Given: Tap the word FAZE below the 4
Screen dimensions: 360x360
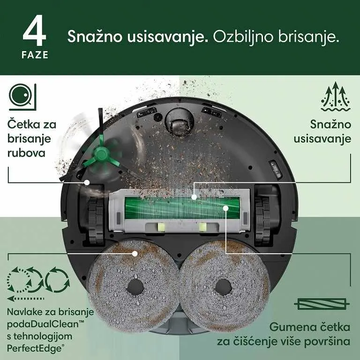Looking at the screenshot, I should (x=35, y=55).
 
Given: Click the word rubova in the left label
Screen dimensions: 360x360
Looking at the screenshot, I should (x=27, y=153).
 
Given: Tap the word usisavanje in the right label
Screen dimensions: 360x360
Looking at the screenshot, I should (x=322, y=139).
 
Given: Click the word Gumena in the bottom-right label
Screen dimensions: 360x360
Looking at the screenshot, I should (x=291, y=327).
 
